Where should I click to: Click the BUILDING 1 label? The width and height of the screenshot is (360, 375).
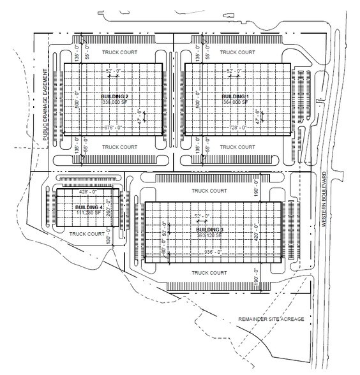tap(237, 95)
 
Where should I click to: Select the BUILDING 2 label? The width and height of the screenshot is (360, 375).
tap(115, 95)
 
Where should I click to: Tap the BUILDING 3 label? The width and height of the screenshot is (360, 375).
tap(209, 230)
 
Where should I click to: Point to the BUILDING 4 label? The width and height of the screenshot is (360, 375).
tap(88, 207)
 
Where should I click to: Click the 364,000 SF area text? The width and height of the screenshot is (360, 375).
tap(237, 101)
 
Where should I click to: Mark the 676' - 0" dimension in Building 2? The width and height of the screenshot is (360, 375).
tap(112, 128)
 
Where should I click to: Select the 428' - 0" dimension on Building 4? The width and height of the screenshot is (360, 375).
tap(86, 191)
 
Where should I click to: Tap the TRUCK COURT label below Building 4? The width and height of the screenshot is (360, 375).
tap(87, 233)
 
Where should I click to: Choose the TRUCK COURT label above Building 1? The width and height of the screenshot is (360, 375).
tap(237, 52)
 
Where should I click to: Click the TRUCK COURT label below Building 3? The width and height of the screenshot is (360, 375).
tap(209, 272)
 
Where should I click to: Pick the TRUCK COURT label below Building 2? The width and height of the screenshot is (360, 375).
tap(120, 146)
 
